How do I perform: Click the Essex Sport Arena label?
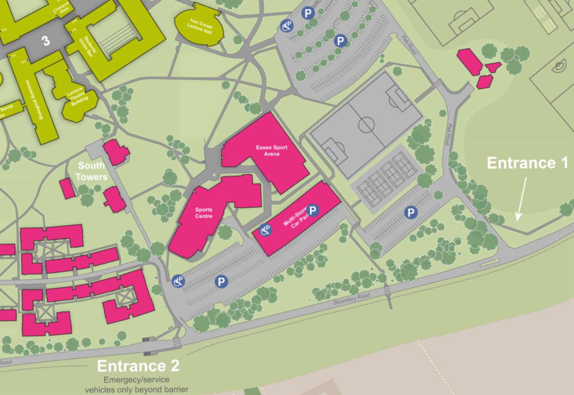click(x=272, y=150)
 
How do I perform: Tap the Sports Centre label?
click(x=204, y=213)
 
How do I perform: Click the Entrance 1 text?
click(x=527, y=163)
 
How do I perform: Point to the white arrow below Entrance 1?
click(x=521, y=199)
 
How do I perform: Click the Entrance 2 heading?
click(x=138, y=366)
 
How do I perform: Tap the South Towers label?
click(x=91, y=171)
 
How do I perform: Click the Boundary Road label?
click(x=352, y=299)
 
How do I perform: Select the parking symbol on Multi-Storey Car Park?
click(x=313, y=210)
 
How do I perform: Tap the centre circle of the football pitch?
click(x=366, y=125)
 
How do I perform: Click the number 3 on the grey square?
click(x=46, y=41)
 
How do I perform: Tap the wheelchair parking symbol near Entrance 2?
click(x=178, y=281)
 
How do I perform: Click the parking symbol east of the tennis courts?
click(x=411, y=212)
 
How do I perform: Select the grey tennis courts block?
click(x=386, y=178)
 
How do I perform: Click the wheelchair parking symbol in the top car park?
click(x=287, y=26)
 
